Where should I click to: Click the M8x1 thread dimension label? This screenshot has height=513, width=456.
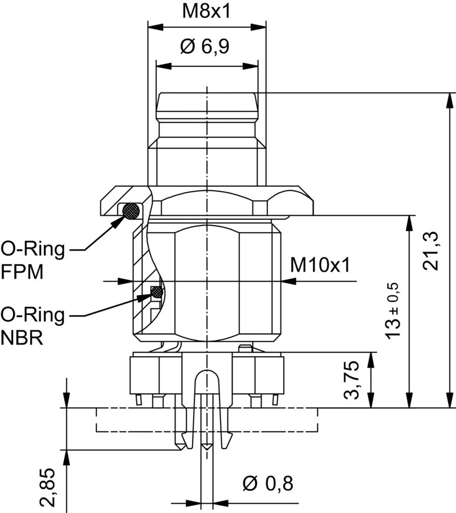pos(206,11)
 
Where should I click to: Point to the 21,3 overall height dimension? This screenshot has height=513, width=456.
pos(433,251)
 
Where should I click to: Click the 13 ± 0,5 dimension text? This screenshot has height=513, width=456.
pos(394,311)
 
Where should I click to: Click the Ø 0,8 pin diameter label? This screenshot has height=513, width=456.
pos(267,484)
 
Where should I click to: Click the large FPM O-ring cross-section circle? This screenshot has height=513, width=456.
pos(132,211)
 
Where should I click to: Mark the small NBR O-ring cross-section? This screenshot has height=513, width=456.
pos(156,293)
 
